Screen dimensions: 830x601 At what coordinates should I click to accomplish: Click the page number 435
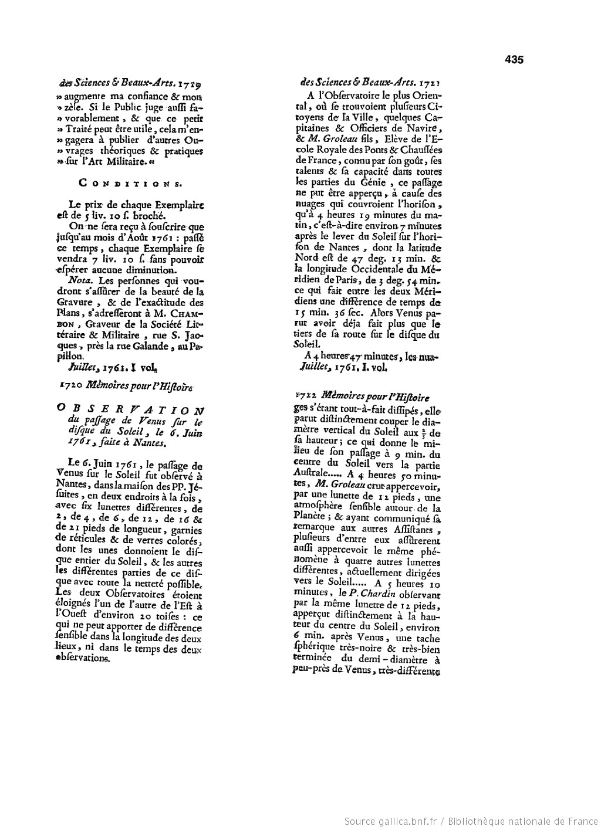[514, 59]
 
